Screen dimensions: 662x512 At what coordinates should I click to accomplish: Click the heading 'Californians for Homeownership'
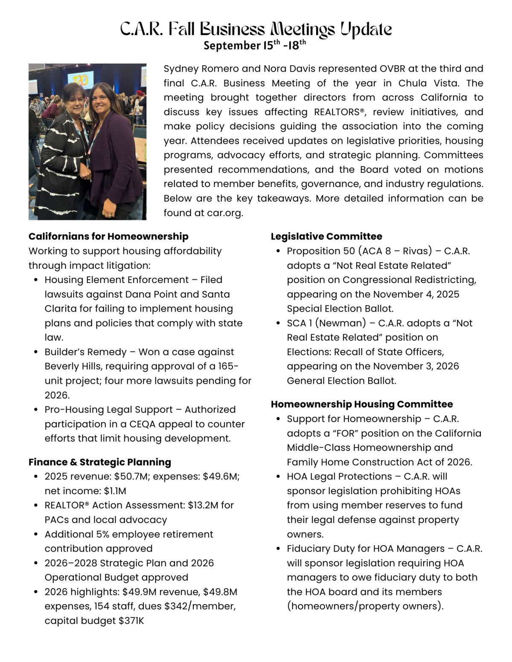click(108, 237)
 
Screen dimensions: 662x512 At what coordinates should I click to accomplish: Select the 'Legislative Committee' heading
click(326, 237)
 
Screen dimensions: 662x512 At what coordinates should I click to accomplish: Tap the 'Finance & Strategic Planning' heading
click(100, 462)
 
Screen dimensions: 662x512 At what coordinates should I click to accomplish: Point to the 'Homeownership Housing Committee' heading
click(362, 404)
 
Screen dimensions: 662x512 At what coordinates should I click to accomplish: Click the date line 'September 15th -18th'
click(255, 45)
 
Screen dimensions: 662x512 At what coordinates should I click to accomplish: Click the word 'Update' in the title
click(366, 29)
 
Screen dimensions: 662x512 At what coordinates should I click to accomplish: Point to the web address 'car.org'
click(224, 213)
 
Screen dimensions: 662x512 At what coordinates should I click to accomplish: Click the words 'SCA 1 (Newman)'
click(326, 323)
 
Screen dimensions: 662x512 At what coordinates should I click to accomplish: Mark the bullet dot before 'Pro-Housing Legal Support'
click(36, 410)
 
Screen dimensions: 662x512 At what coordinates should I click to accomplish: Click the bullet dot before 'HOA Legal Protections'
click(278, 477)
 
